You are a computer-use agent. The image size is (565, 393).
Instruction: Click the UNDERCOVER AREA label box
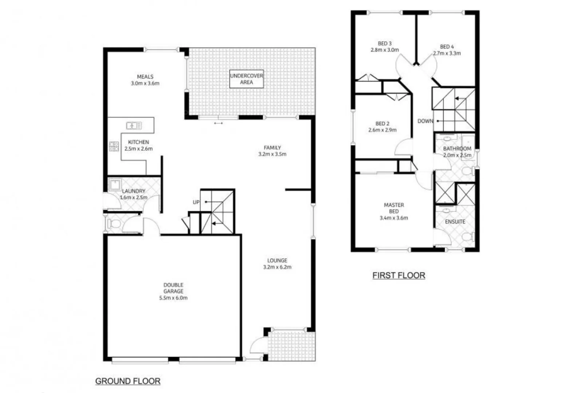pyautogui.click(x=246, y=79)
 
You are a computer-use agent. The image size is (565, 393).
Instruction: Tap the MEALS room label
pyautogui.click(x=145, y=77)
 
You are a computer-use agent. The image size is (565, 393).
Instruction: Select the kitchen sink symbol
pyautogui.click(x=134, y=126)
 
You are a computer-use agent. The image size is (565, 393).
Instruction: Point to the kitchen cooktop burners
pyautogui.click(x=114, y=146)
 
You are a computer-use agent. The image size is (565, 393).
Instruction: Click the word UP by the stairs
pyautogui.click(x=196, y=202)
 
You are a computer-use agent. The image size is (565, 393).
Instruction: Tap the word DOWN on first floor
pyautogui.click(x=425, y=121)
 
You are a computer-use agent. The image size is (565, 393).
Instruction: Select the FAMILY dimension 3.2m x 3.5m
pyautogui.click(x=272, y=154)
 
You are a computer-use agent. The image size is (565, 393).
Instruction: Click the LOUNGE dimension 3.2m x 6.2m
pyautogui.click(x=277, y=267)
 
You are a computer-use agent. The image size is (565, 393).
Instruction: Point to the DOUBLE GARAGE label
pyautogui.click(x=173, y=288)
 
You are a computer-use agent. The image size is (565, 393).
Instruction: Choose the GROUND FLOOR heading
pyautogui.click(x=128, y=381)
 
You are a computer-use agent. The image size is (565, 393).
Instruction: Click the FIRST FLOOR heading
pyautogui.click(x=399, y=275)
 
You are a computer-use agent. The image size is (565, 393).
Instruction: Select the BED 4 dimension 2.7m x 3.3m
pyautogui.click(x=447, y=53)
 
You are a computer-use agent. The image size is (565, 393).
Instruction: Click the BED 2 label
pyautogui.click(x=382, y=124)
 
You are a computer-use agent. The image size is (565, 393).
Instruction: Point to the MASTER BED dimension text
pyautogui.click(x=393, y=218)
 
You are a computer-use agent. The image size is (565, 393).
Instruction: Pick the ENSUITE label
pyautogui.click(x=455, y=222)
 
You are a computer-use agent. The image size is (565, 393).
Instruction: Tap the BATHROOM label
pyautogui.click(x=457, y=148)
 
